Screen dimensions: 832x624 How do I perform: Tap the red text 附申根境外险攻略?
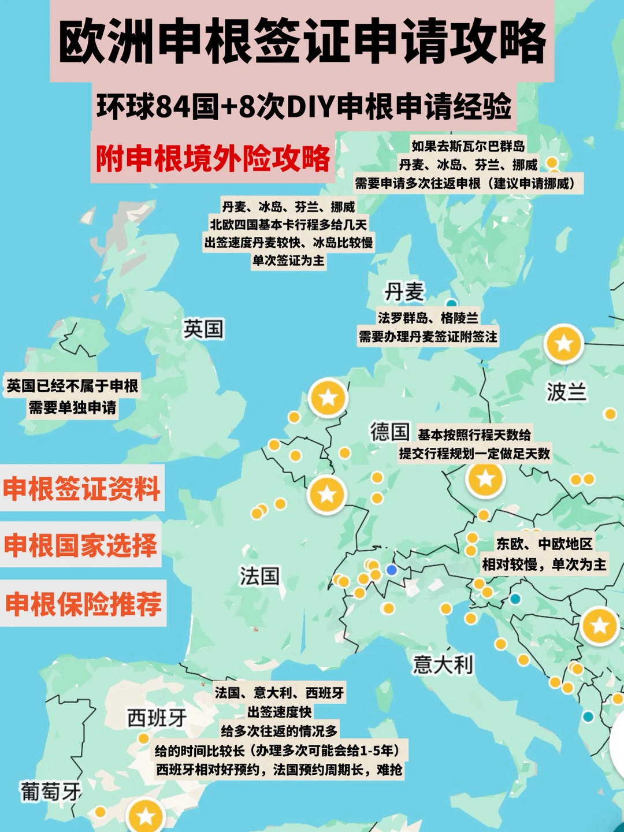click(213, 158)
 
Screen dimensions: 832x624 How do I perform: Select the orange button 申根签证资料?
click(81, 489)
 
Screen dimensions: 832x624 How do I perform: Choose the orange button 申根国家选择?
click(80, 545)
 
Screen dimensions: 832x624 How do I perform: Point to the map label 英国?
click(203, 329)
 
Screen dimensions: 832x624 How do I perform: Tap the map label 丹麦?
click(404, 292)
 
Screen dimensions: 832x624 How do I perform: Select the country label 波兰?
click(567, 392)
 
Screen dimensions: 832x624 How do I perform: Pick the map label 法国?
click(259, 575)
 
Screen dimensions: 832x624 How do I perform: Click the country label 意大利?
click(443, 664)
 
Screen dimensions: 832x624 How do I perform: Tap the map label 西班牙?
click(157, 718)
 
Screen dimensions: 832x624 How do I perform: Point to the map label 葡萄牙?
click(50, 791)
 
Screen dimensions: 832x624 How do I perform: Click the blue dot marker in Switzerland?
click(392, 570)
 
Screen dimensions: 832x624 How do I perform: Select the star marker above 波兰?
click(563, 344)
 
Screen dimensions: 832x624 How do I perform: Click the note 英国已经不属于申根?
click(72, 385)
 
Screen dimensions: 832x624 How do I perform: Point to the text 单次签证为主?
click(288, 261)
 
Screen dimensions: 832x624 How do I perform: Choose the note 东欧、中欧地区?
click(544, 544)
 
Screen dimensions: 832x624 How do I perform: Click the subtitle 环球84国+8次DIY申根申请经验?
click(304, 106)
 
